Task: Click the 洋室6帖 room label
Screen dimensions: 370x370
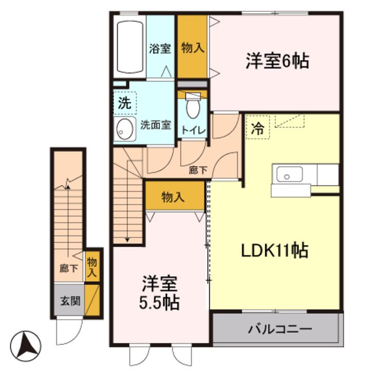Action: tap(276, 62)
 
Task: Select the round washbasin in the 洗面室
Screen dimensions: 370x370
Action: tap(124, 128)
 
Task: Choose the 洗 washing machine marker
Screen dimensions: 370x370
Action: tap(125, 102)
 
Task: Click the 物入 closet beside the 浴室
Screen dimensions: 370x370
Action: tap(193, 48)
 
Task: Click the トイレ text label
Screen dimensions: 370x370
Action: tap(192, 131)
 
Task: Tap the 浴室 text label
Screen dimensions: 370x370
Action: tap(160, 49)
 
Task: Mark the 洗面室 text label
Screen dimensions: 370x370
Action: tap(156, 125)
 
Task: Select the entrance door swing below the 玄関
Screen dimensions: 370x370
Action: tap(68, 331)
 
